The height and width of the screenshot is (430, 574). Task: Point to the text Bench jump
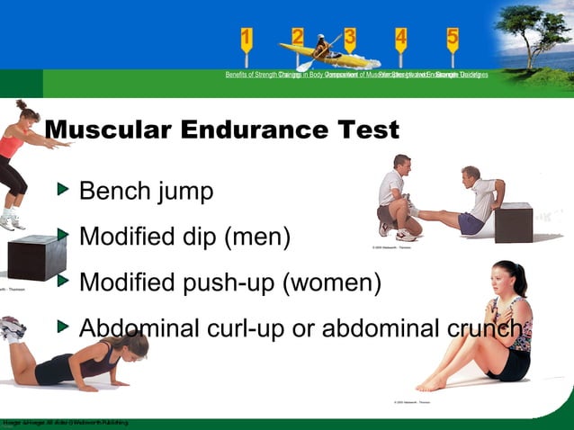(146, 192)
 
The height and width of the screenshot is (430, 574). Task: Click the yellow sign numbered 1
(247, 38)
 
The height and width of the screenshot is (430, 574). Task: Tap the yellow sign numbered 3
(349, 38)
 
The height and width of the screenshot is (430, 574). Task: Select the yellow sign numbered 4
(400, 38)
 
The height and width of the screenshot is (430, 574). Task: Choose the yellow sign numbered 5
(453, 38)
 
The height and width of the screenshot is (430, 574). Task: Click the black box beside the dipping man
(514, 222)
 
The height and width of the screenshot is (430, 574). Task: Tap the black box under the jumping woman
(37, 256)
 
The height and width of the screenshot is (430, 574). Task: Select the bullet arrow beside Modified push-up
(62, 282)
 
